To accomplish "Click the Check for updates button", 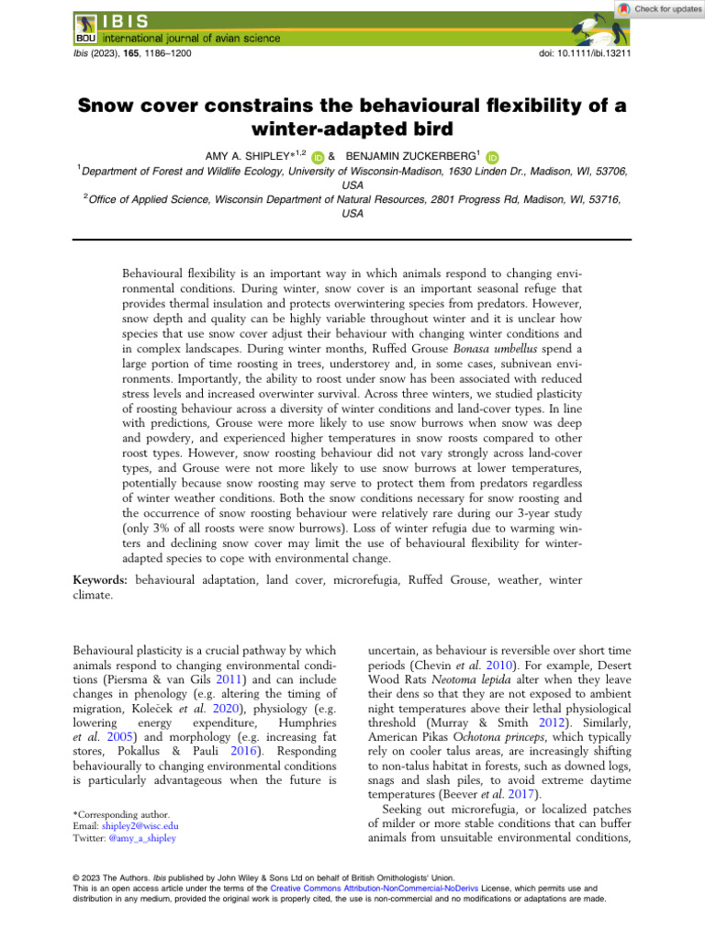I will click(x=658, y=8).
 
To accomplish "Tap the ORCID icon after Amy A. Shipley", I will click(x=317, y=157).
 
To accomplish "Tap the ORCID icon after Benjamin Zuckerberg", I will click(x=490, y=157).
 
